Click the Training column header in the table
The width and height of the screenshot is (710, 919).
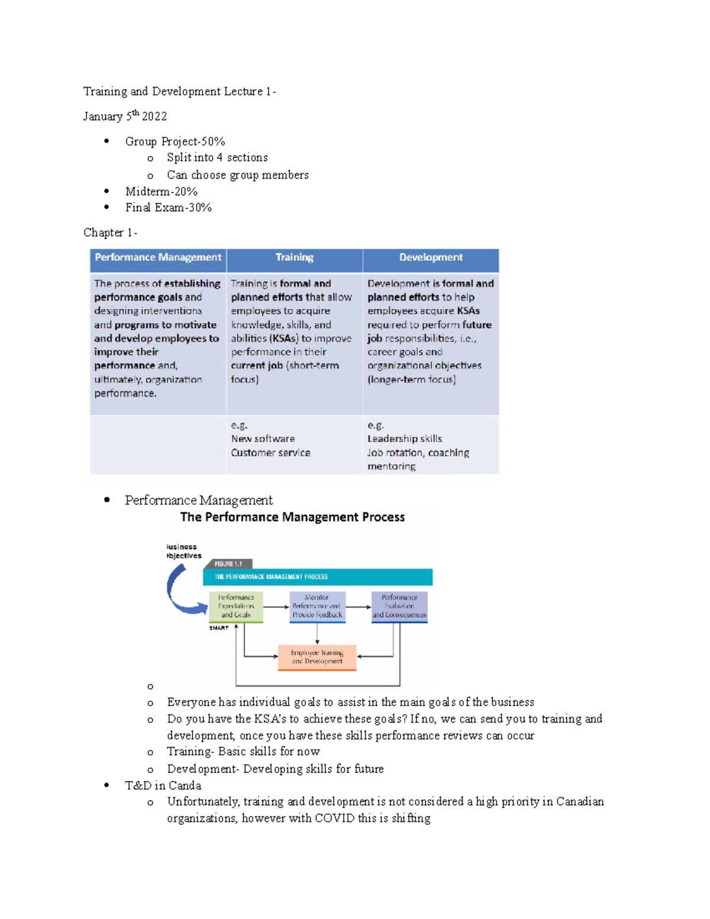(x=294, y=257)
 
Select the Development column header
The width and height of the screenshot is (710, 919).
(x=431, y=257)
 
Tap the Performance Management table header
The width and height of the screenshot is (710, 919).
(x=158, y=257)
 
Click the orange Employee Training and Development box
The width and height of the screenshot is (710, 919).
(x=317, y=657)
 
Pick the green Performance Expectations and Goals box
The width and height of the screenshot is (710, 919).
(x=236, y=606)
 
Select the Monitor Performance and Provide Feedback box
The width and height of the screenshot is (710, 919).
(x=317, y=606)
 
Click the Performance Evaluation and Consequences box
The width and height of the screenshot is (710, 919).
(x=399, y=606)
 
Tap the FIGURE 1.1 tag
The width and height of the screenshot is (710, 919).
(x=228, y=564)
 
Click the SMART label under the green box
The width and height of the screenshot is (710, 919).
(x=218, y=628)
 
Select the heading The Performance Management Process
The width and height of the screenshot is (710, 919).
(x=292, y=517)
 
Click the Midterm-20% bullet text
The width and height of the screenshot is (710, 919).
(x=161, y=192)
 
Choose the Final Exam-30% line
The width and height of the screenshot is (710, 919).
(x=168, y=208)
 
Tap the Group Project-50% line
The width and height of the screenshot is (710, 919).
(x=175, y=141)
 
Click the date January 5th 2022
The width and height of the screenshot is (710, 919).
(x=125, y=116)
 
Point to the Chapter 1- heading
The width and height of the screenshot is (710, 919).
(x=110, y=233)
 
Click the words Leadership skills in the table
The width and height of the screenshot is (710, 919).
(x=405, y=438)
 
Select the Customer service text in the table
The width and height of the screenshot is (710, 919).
(x=270, y=453)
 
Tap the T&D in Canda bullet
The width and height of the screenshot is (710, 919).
(x=163, y=785)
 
